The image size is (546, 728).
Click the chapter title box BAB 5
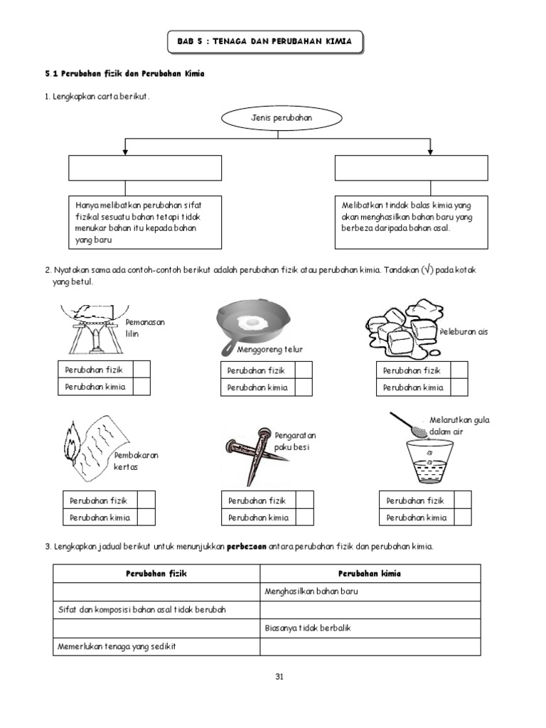(264, 42)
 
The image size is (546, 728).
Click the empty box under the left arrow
(145, 168)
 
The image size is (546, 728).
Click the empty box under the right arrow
(411, 168)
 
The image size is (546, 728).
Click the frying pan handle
(228, 348)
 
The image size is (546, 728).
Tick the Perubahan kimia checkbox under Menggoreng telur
(304, 387)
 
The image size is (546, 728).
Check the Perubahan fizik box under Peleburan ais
(459, 370)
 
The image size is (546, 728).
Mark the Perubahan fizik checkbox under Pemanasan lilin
(141, 370)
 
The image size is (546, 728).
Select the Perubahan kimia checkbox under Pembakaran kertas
(146, 518)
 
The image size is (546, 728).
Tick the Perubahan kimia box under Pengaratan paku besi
(304, 518)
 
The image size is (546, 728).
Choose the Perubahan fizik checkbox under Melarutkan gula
(462, 500)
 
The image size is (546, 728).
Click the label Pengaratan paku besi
(295, 441)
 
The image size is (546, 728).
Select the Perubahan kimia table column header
(370, 573)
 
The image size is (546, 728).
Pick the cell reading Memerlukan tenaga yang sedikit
(156, 646)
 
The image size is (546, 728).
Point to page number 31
(279, 676)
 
